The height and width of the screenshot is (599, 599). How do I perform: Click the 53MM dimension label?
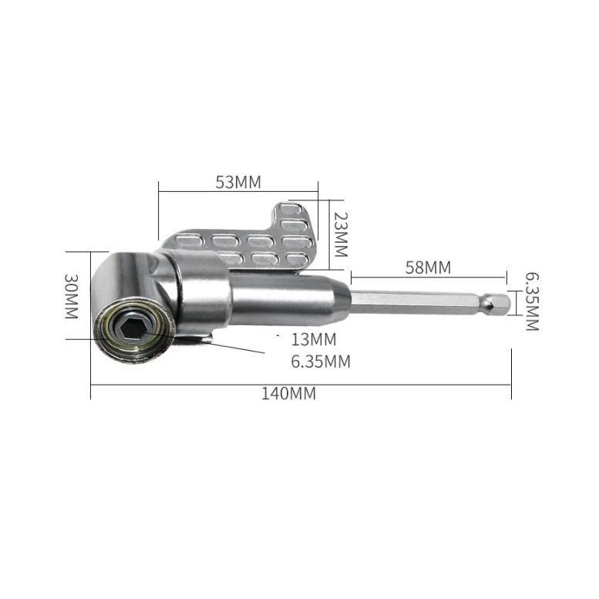238,182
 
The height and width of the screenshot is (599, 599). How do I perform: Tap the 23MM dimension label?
341,234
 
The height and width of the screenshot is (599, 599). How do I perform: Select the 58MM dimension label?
428,268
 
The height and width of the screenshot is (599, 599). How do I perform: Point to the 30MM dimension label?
72,296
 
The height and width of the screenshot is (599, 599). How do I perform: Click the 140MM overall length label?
289,393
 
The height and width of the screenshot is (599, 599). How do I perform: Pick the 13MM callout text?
314,339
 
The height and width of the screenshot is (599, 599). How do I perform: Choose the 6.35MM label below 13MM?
321,362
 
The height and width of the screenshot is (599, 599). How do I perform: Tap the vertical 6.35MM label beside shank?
532,301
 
